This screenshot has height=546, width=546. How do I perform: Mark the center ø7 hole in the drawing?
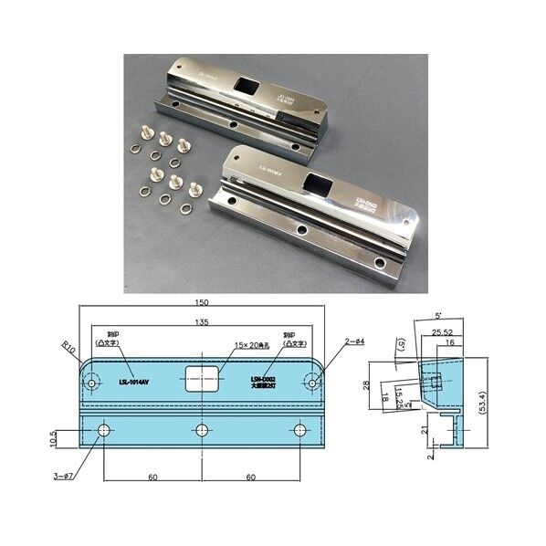tap(202, 430)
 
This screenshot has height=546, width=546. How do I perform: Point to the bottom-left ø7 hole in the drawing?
tap(103, 430)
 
